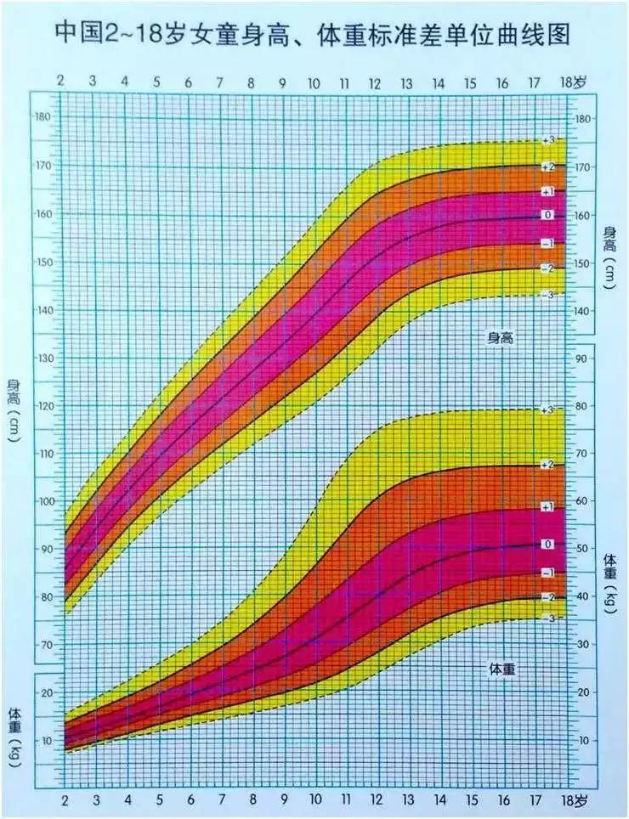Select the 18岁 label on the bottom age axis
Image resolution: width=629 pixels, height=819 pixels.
click(573, 800)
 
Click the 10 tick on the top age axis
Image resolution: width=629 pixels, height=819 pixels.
click(314, 82)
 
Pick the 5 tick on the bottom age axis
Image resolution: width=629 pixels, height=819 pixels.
click(159, 800)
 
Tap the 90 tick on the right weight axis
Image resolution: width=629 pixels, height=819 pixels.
click(583, 359)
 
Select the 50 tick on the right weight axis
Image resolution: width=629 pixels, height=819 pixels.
click(583, 548)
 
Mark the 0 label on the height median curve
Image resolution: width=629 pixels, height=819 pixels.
click(548, 216)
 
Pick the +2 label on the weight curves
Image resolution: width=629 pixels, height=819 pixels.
click(548, 465)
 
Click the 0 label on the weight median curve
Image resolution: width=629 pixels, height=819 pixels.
click(548, 544)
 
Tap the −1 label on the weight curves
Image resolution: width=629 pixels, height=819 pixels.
click(548, 573)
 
